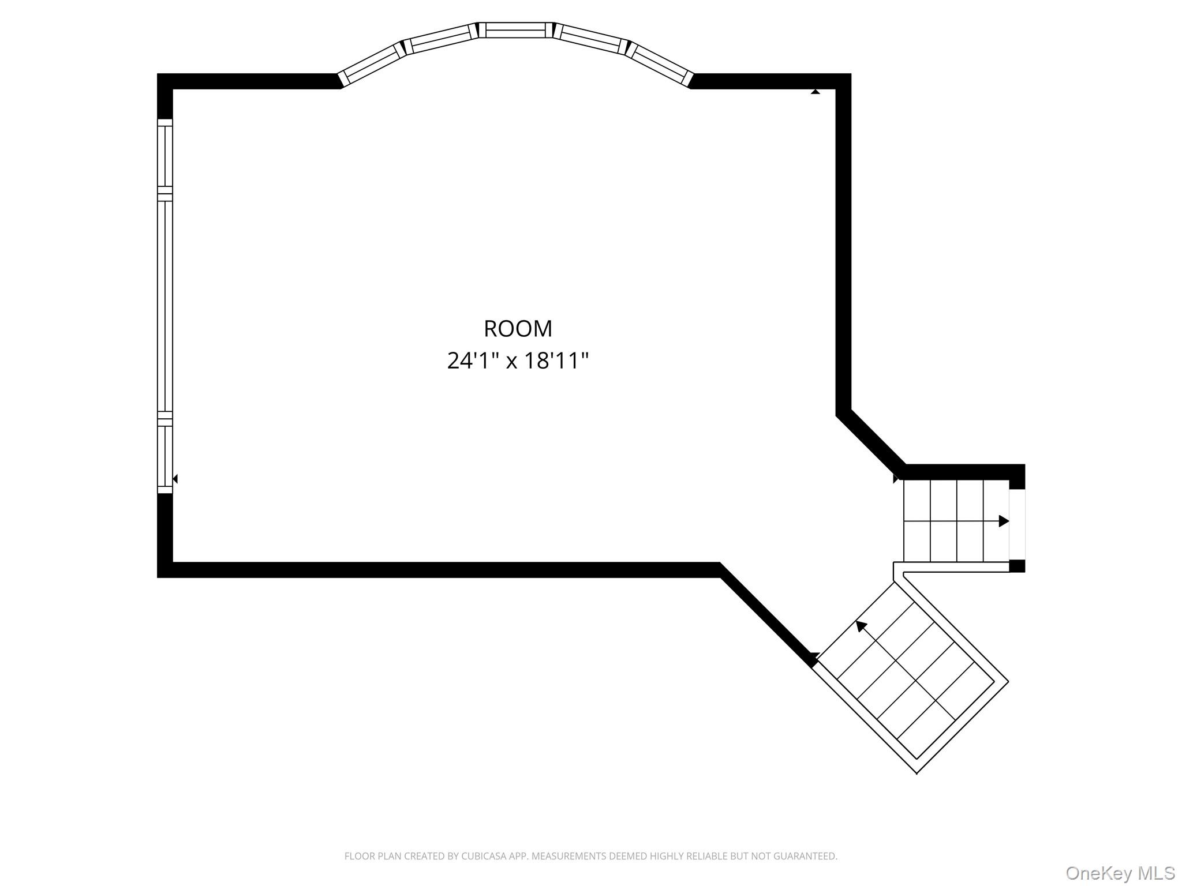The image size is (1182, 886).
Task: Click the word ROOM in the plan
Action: point(518,328)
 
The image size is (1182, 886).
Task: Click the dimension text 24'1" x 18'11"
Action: point(518,361)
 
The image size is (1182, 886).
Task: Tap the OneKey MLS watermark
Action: point(1120,873)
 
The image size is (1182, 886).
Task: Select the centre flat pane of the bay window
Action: point(515,30)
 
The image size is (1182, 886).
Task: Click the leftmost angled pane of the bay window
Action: point(373,65)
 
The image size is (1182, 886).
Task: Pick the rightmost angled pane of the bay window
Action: point(659,65)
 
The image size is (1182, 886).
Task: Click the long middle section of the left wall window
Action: point(165,306)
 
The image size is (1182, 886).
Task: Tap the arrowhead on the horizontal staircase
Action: point(1004,521)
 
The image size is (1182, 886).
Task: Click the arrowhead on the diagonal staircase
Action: point(862,626)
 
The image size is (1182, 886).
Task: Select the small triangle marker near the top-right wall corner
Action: point(815,91)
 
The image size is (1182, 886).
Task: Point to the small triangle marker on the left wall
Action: point(175,479)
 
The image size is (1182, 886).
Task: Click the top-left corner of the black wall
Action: point(158,74)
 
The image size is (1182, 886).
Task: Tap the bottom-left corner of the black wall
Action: point(158,577)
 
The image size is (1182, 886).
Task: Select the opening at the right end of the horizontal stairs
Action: point(1017,524)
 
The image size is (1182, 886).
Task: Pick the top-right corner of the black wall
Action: point(851,74)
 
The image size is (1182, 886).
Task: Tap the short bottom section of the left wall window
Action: point(165,456)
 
